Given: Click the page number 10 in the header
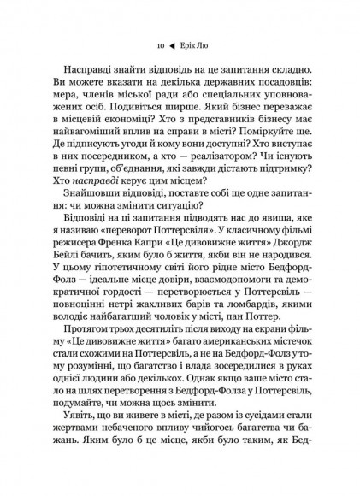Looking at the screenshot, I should pos(150,48).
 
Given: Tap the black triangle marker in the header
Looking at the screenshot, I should pos(168,48).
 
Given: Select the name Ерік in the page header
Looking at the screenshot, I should pos(188,48).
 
